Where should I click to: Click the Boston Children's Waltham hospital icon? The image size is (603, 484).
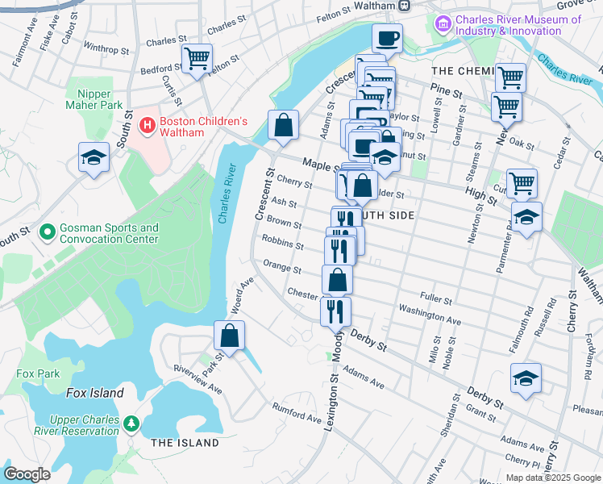[148, 125]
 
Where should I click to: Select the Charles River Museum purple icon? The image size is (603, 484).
[442, 25]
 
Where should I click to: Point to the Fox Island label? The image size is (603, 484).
[94, 393]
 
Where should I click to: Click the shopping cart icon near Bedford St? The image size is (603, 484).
[197, 59]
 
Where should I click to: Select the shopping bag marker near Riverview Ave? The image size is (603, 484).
[230, 335]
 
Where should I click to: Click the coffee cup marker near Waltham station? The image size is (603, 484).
[387, 37]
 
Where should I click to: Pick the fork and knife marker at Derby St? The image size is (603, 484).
[335, 311]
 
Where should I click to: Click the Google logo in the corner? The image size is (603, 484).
[27, 474]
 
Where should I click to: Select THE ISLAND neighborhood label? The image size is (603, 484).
[185, 443]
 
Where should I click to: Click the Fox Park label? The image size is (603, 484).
[38, 374]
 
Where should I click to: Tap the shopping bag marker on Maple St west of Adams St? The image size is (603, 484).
[283, 125]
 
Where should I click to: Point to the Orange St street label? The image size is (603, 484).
[282, 269]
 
